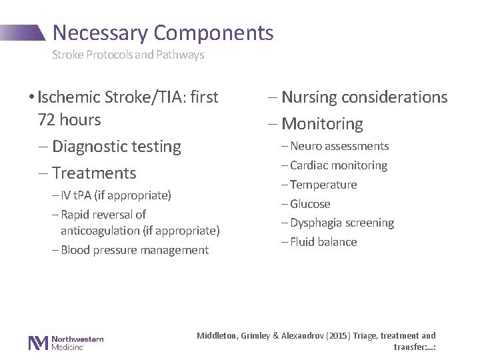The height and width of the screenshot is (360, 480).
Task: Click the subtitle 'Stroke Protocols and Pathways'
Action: pos(128,55)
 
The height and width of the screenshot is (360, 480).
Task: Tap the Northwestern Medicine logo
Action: pos(65,342)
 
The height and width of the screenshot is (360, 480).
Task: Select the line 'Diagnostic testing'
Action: pos(116,146)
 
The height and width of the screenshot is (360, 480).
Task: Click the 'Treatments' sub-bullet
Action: pos(93,173)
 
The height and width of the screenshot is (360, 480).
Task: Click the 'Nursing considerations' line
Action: pos(364,97)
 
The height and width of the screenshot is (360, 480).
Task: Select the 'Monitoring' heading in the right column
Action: pos(322,124)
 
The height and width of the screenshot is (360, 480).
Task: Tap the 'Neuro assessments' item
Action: pos(339,146)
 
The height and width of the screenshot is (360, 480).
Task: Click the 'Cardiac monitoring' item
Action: pos(339,165)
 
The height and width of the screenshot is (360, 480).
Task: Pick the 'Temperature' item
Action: pos(324,185)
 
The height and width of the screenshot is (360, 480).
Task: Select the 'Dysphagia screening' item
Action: pos(342,223)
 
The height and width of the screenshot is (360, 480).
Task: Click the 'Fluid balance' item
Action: pos(323,242)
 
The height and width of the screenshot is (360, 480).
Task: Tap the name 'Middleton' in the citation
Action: pos(217,336)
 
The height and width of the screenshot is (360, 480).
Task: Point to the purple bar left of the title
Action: pos(23,31)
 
